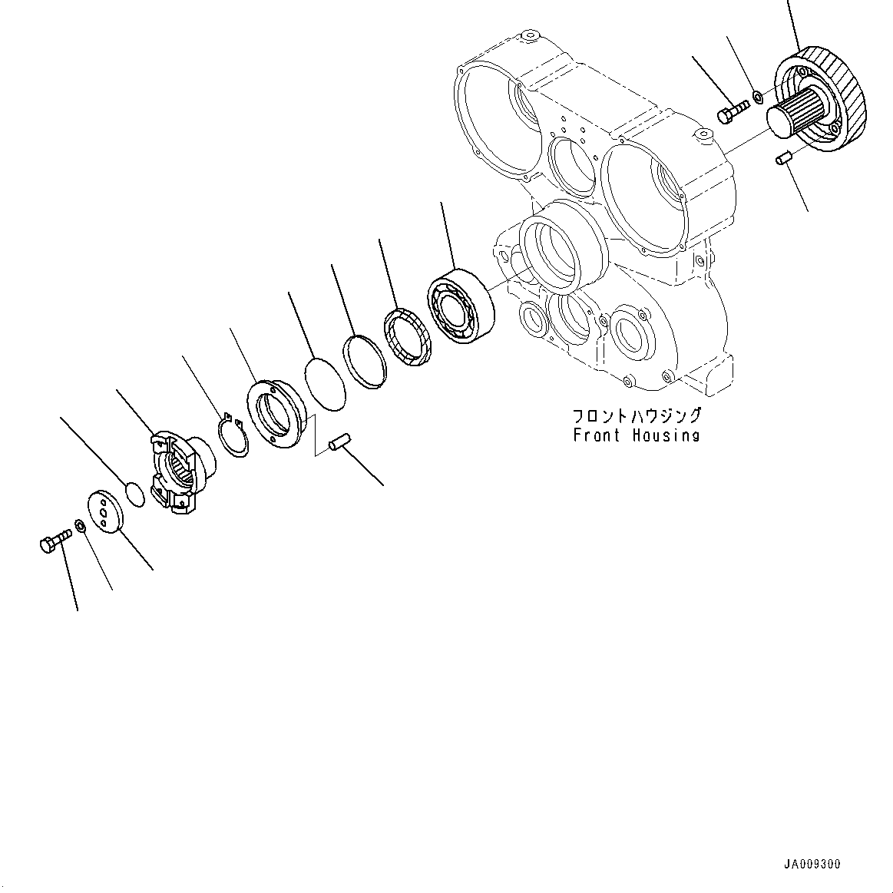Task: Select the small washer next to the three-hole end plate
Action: coord(79,526)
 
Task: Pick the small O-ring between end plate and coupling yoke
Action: coord(134,494)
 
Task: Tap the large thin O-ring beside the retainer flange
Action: coord(326,382)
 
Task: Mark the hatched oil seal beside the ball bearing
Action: coord(407,336)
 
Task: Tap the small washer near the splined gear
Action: coord(756,97)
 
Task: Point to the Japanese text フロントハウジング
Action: coord(637,416)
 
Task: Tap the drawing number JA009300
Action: coord(812,865)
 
